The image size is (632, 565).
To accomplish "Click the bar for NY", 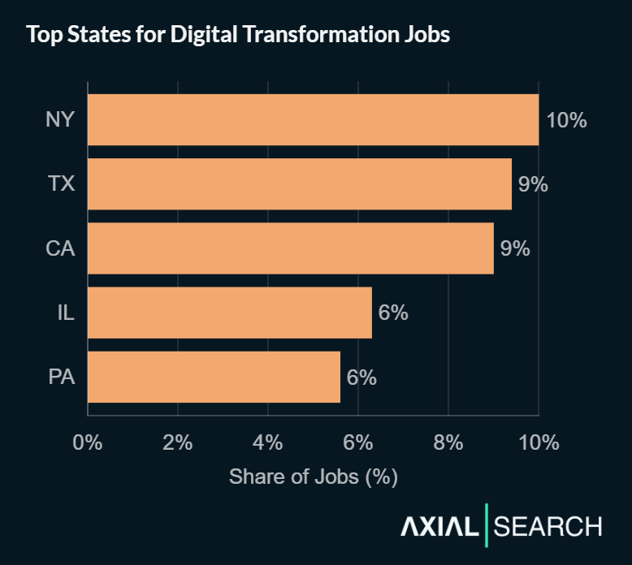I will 313,120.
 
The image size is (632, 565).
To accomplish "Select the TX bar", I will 299,184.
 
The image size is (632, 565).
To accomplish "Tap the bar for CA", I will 290,248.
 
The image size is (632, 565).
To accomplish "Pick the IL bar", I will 229,313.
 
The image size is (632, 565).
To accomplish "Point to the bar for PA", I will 214,377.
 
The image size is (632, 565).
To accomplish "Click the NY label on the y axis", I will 60,120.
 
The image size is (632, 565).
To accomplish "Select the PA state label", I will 60,377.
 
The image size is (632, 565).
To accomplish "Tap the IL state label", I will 65,313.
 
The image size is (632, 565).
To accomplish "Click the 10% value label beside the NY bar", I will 566,120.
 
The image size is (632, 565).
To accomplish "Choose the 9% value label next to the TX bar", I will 533,184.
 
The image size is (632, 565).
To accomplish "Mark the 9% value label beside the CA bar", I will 515,248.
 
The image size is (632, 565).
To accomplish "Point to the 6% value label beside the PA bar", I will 361,377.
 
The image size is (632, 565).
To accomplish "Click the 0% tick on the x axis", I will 88,442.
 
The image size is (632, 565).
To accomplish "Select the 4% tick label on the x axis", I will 268,442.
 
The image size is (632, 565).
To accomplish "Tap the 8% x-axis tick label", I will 448,442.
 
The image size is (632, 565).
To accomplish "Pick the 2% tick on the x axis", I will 178,442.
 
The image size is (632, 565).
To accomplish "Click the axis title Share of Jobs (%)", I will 313,477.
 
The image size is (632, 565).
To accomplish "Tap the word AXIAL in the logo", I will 439,527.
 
